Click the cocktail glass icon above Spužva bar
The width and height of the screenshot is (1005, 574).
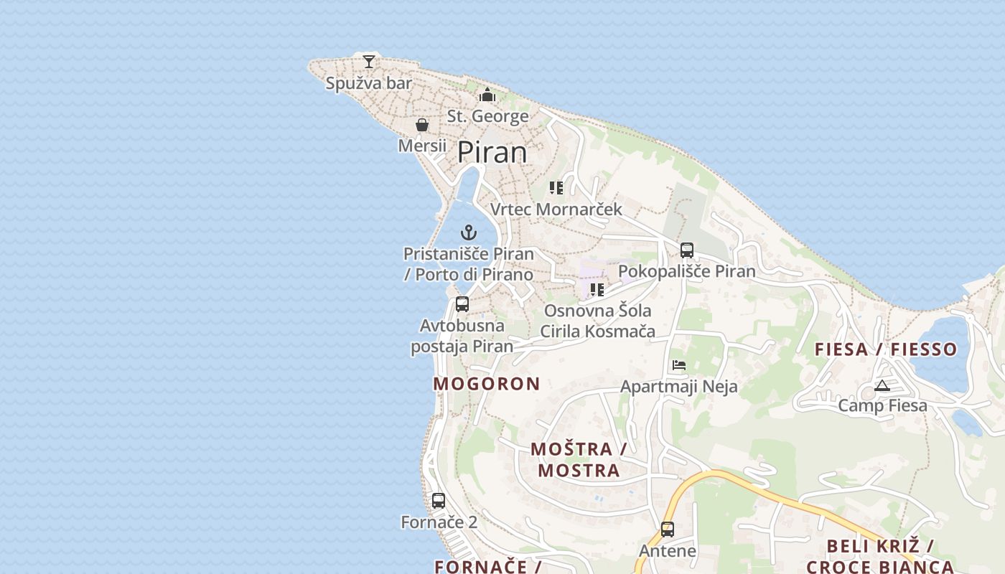pos(369,62)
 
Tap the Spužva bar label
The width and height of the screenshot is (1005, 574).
pos(369,83)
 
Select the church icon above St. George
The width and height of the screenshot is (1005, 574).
pos(487,95)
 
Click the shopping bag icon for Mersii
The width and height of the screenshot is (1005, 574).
pos(422,125)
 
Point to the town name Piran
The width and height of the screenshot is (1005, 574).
pos(492,152)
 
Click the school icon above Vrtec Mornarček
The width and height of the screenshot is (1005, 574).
pos(556,188)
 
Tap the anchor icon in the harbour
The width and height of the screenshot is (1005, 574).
pos(469,232)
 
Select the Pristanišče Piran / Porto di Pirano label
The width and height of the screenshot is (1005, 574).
pos(469,264)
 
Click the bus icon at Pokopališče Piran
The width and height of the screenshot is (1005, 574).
pos(687,250)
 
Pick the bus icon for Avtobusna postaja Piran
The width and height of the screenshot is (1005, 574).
pos(462,304)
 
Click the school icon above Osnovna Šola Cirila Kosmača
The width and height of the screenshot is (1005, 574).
pos(597,290)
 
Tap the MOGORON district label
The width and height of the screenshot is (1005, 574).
pos(487,384)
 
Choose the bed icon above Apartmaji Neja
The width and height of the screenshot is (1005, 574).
pos(679,365)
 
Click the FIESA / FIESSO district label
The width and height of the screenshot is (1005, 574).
pos(886,349)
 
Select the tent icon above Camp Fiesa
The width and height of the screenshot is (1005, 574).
pos(882,386)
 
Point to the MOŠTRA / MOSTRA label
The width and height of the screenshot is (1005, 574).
pos(579,460)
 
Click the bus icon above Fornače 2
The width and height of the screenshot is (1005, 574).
pos(439,501)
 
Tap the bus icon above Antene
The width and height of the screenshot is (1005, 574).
pos(668,530)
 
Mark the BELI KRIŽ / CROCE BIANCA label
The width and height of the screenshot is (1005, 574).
pos(880,556)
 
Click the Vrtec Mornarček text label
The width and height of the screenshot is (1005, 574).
pos(556,210)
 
